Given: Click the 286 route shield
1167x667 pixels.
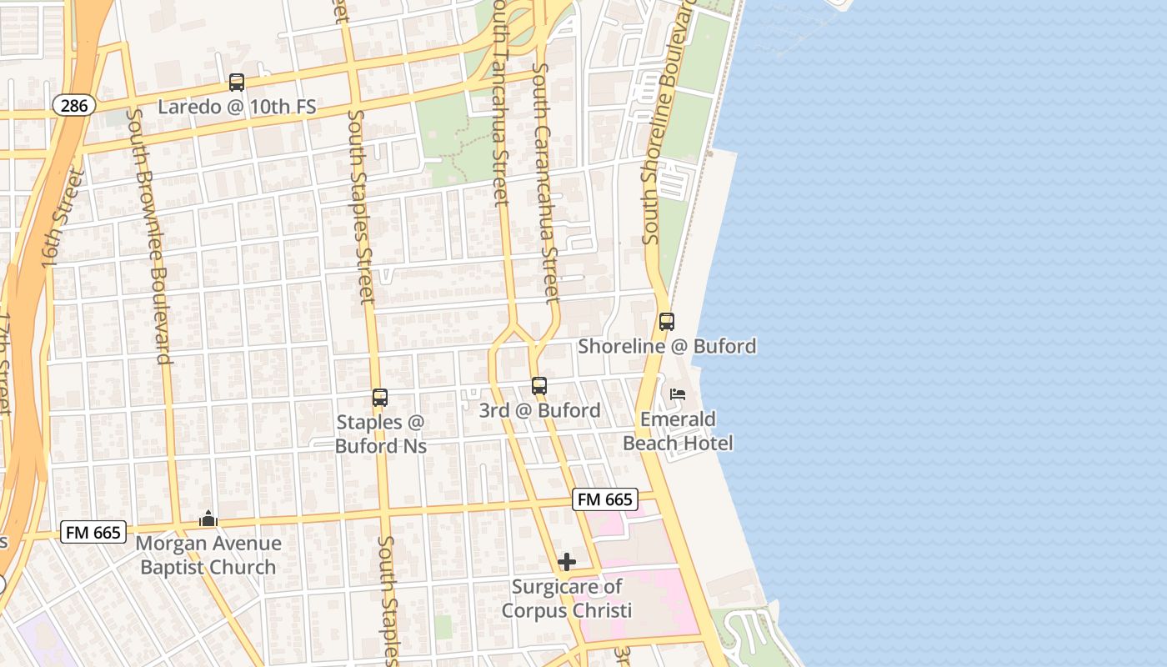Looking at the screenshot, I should tap(73, 105).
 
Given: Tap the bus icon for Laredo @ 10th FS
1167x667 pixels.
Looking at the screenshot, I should tap(237, 83).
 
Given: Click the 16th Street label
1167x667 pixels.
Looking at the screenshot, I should tap(63, 218).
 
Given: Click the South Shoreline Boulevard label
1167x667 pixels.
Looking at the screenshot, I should tap(664, 125).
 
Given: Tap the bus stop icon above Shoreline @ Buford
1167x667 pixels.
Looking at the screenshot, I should tap(666, 322).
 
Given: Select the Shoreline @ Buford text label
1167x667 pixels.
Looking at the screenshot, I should tap(668, 346).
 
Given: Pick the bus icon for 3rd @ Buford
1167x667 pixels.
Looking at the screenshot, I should tap(539, 386).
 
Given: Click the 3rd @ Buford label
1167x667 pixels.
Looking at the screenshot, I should tap(539, 410).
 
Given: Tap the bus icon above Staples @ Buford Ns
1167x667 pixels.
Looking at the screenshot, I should tap(380, 398).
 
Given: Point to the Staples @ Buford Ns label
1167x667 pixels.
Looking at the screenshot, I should tap(381, 434).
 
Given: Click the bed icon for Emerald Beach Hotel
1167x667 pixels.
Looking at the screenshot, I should tap(678, 394).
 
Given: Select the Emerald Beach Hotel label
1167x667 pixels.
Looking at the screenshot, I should tap(679, 431).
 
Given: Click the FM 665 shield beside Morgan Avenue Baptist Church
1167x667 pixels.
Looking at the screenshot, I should tap(93, 532).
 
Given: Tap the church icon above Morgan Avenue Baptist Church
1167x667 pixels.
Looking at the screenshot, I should tap(208, 519).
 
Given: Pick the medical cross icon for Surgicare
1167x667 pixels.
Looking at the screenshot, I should tap(567, 562).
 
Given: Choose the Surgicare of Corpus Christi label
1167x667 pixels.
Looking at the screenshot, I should tap(567, 599).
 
